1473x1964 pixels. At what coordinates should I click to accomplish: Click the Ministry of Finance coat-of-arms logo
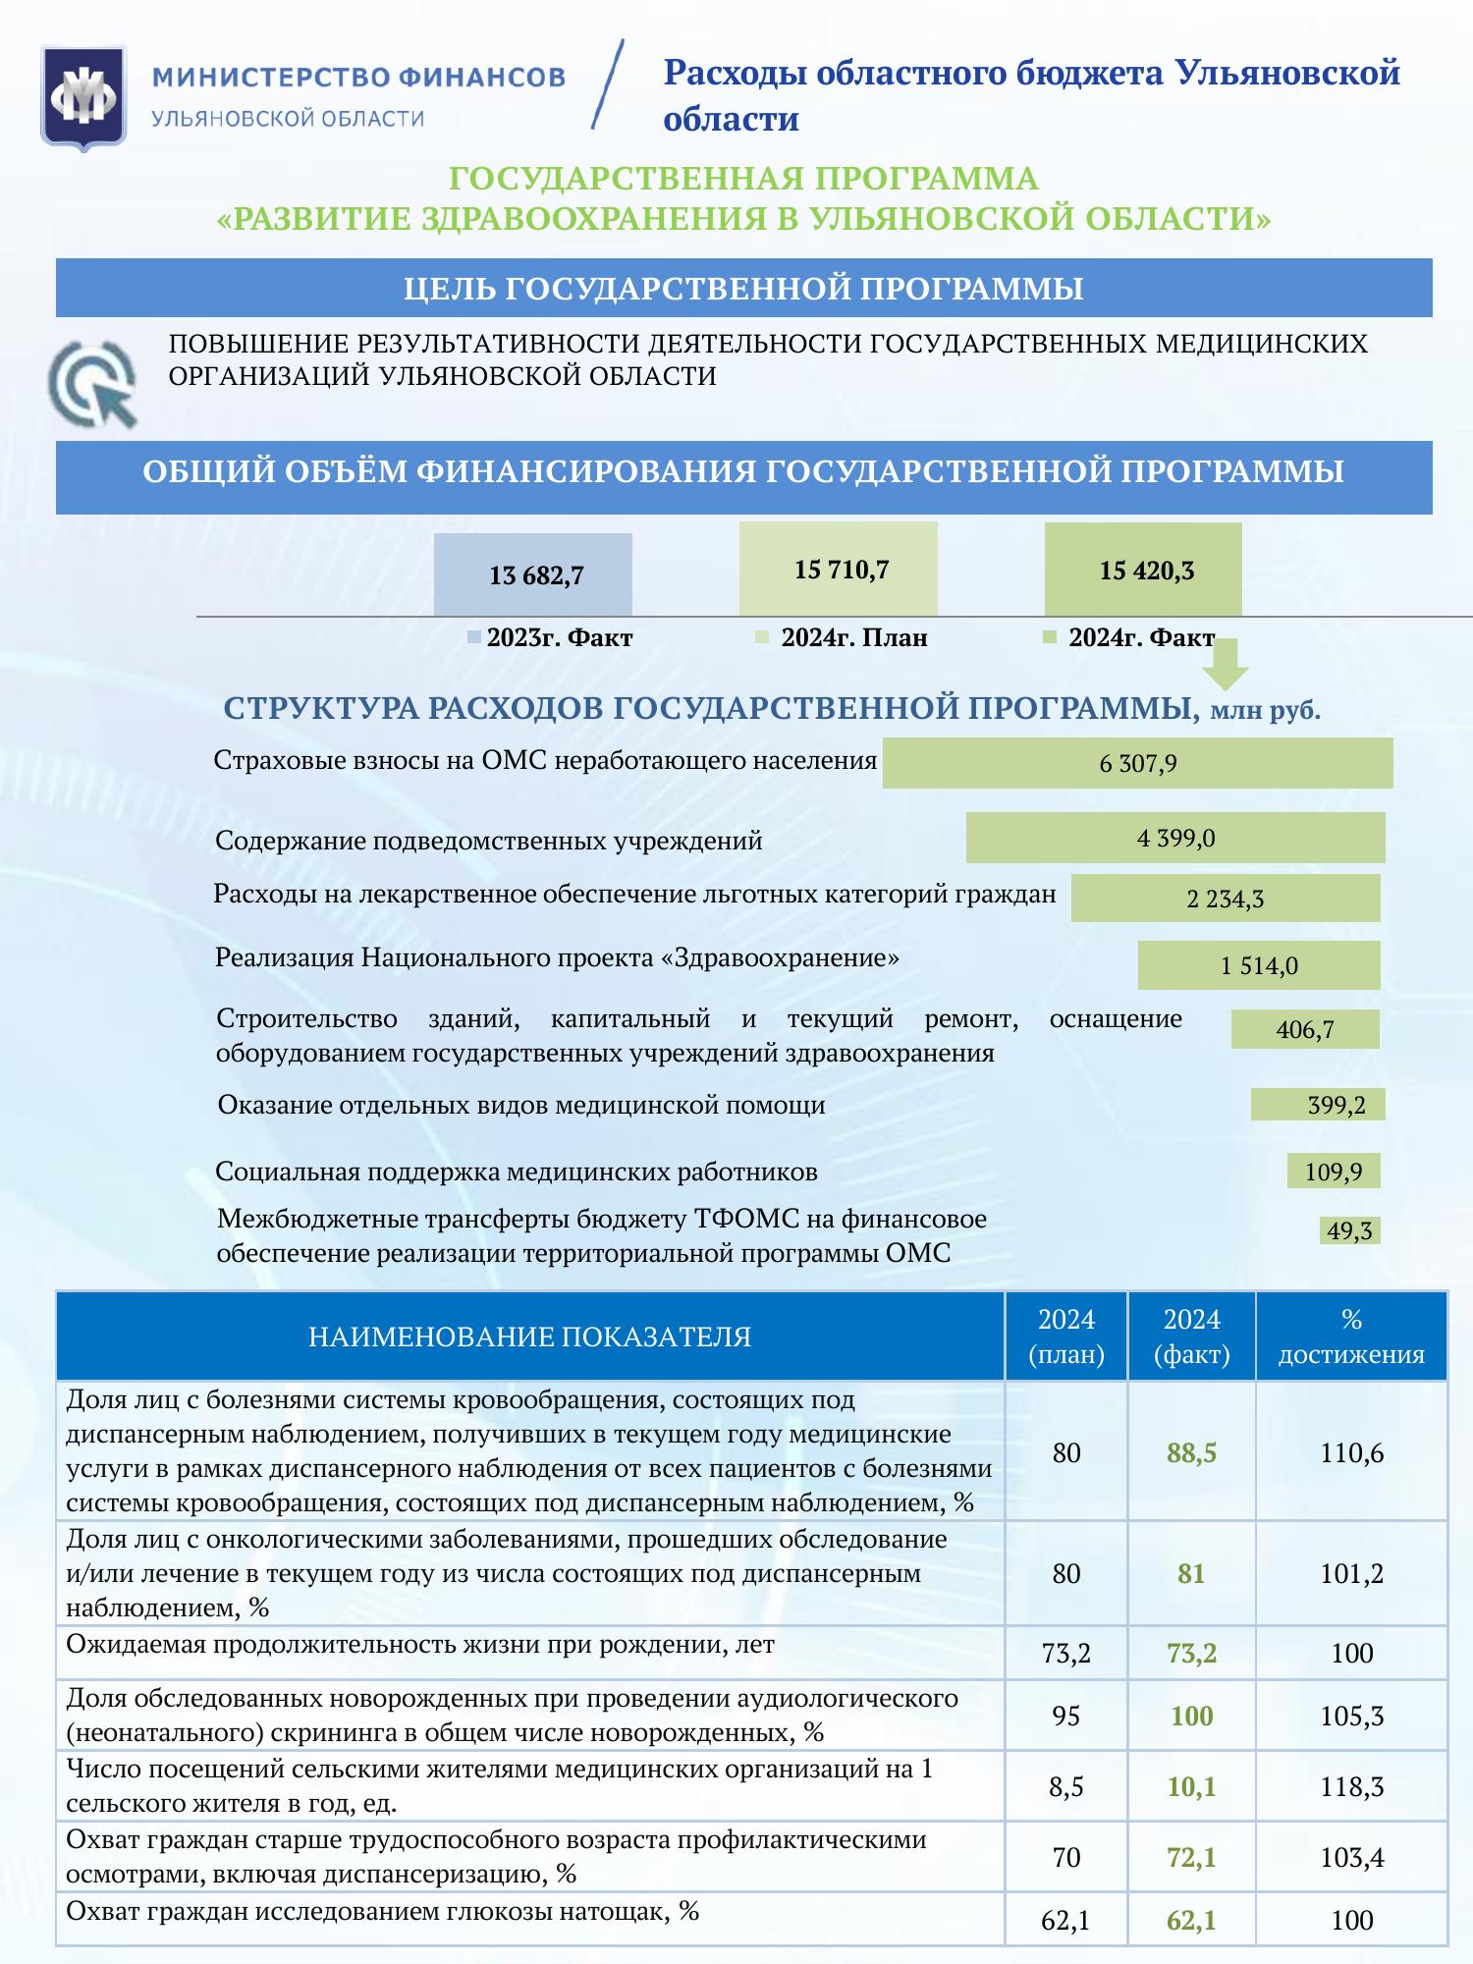[83, 98]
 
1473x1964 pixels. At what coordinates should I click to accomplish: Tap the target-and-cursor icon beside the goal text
[94, 383]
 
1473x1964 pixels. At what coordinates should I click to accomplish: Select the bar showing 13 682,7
[533, 574]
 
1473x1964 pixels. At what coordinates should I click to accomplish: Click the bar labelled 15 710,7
[839, 569]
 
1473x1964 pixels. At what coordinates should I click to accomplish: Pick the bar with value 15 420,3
[1143, 570]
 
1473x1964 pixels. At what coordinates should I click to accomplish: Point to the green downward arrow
[1227, 665]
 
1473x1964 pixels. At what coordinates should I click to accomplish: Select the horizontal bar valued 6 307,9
[1137, 763]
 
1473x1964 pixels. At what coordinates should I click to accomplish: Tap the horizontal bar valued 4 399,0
[1175, 838]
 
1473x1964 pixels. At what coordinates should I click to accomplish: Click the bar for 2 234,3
[1225, 898]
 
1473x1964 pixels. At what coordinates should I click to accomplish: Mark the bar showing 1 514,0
[1259, 965]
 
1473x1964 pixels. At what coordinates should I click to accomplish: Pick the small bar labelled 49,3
[1349, 1230]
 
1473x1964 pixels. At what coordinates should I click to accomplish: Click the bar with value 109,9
[1334, 1171]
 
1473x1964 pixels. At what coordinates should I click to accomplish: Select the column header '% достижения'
[1351, 1337]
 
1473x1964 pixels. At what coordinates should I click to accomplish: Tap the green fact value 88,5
[1191, 1452]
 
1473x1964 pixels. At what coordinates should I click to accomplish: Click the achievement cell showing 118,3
[1351, 1786]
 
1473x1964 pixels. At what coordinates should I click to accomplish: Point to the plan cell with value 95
[1066, 1716]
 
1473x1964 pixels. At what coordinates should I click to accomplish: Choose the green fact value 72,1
[1191, 1857]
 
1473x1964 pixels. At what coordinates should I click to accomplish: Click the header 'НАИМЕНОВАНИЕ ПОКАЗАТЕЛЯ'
[529, 1337]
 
